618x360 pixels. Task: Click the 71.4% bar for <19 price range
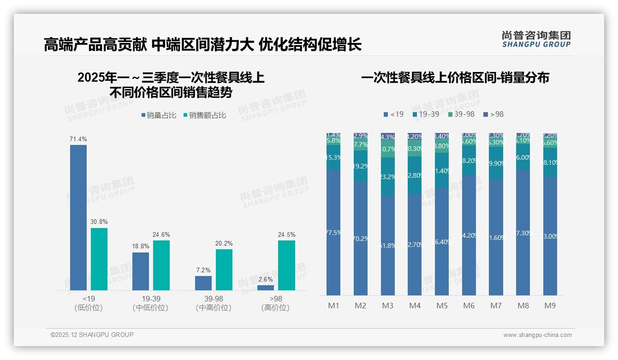coord(78,217)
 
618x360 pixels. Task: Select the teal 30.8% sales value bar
coord(99,258)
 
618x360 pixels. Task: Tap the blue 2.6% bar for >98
coord(265,288)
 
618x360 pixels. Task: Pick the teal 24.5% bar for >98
coord(286,265)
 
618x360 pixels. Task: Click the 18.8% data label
coord(141,246)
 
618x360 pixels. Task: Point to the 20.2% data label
coord(224,243)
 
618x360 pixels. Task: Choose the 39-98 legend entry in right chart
coord(461,114)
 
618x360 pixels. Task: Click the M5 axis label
coord(442,306)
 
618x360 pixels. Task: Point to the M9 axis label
coord(550,306)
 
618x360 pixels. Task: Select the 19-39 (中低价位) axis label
coord(150,303)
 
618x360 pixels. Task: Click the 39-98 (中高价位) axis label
coord(213,303)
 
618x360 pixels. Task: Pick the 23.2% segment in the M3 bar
coord(388,176)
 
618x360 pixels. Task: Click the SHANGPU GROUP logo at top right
coord(536,39)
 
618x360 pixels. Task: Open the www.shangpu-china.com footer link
coord(537,335)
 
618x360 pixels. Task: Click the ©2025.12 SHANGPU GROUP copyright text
coord(92,335)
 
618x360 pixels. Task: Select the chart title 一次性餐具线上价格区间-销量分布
coord(455,78)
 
